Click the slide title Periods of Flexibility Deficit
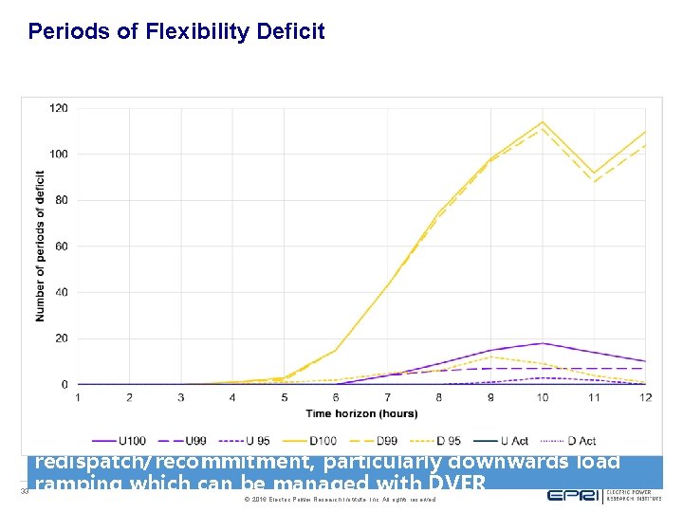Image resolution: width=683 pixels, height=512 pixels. (x=176, y=32)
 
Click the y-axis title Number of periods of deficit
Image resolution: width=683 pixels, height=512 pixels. (x=41, y=247)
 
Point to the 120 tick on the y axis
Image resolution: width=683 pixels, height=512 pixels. (x=59, y=108)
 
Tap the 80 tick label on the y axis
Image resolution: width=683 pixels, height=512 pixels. (x=62, y=200)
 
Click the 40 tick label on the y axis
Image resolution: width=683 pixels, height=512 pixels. (x=62, y=292)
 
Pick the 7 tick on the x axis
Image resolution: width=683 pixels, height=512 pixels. (x=387, y=396)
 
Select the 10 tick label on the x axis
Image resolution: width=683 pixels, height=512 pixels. (x=542, y=396)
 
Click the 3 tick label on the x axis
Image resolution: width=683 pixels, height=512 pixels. (x=181, y=396)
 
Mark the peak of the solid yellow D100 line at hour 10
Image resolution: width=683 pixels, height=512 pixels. (x=542, y=122)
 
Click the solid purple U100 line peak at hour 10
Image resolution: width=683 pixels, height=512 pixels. (x=542, y=343)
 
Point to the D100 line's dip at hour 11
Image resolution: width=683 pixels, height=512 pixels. (x=593, y=174)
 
